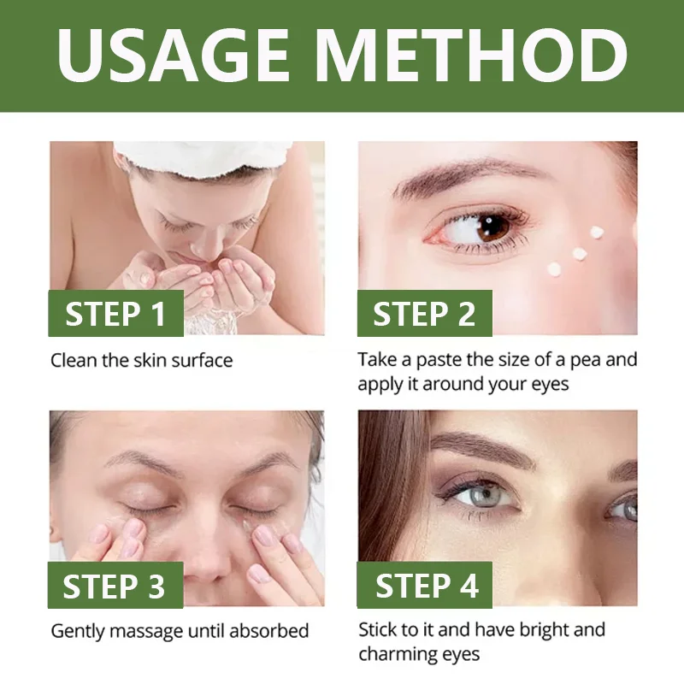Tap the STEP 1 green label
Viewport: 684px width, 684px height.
click(x=115, y=314)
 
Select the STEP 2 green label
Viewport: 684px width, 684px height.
click(x=424, y=314)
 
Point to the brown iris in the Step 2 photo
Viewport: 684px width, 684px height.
click(x=492, y=227)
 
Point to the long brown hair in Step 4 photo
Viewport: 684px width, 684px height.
click(x=389, y=487)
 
